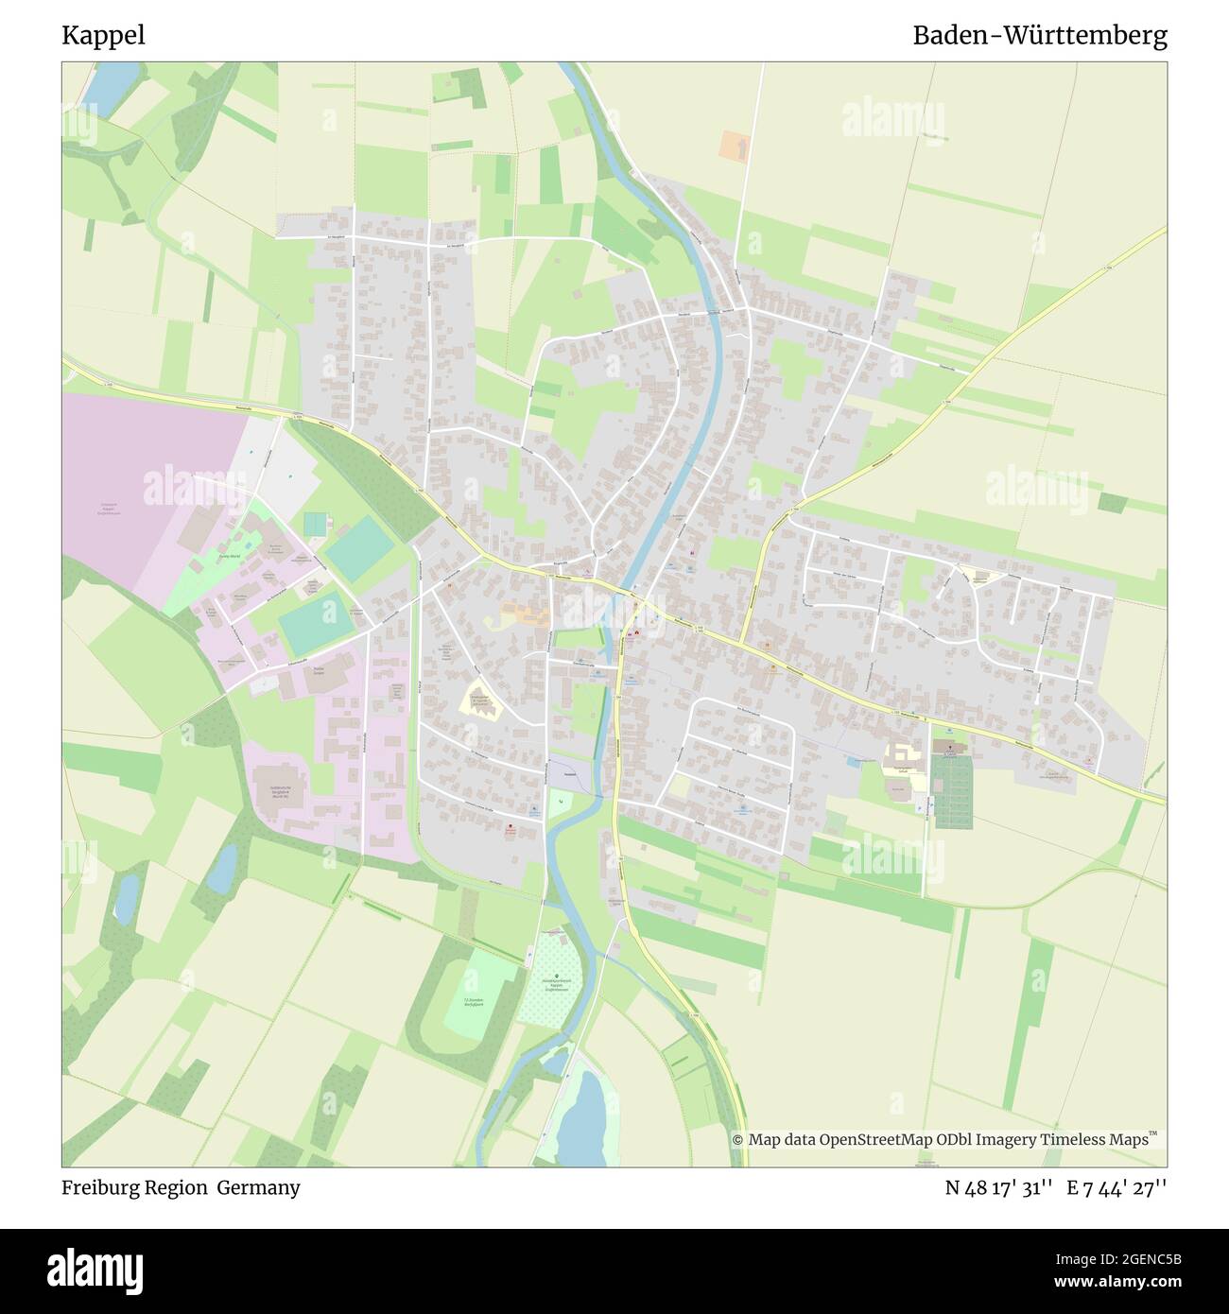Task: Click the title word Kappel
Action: [x=103, y=36]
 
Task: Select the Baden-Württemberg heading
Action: [x=1039, y=36]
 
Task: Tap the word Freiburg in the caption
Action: [x=98, y=1187]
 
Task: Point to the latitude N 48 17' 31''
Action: [x=999, y=1187]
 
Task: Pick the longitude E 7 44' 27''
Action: [x=1116, y=1187]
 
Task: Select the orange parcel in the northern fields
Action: [x=734, y=145]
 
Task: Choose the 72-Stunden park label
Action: [x=473, y=1002]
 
